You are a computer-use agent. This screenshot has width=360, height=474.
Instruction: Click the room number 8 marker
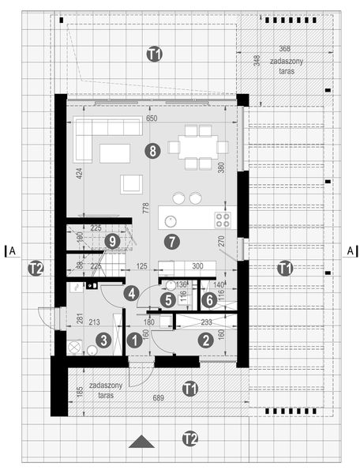tap(151, 149)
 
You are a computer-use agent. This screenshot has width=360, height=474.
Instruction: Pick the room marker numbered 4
tap(131, 293)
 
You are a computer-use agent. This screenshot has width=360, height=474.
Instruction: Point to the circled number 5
tap(167, 299)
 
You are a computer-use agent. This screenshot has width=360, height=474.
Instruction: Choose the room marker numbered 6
tap(208, 299)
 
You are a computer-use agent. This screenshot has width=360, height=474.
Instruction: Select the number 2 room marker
tap(205, 340)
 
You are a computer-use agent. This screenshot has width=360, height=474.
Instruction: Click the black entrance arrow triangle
tap(141, 442)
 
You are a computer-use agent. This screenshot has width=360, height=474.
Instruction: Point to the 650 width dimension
tap(152, 118)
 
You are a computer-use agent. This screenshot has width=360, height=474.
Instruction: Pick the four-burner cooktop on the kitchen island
tap(222, 216)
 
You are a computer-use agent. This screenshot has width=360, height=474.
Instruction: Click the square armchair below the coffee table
tap(131, 184)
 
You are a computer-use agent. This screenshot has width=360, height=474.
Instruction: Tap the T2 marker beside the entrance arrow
tap(189, 437)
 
